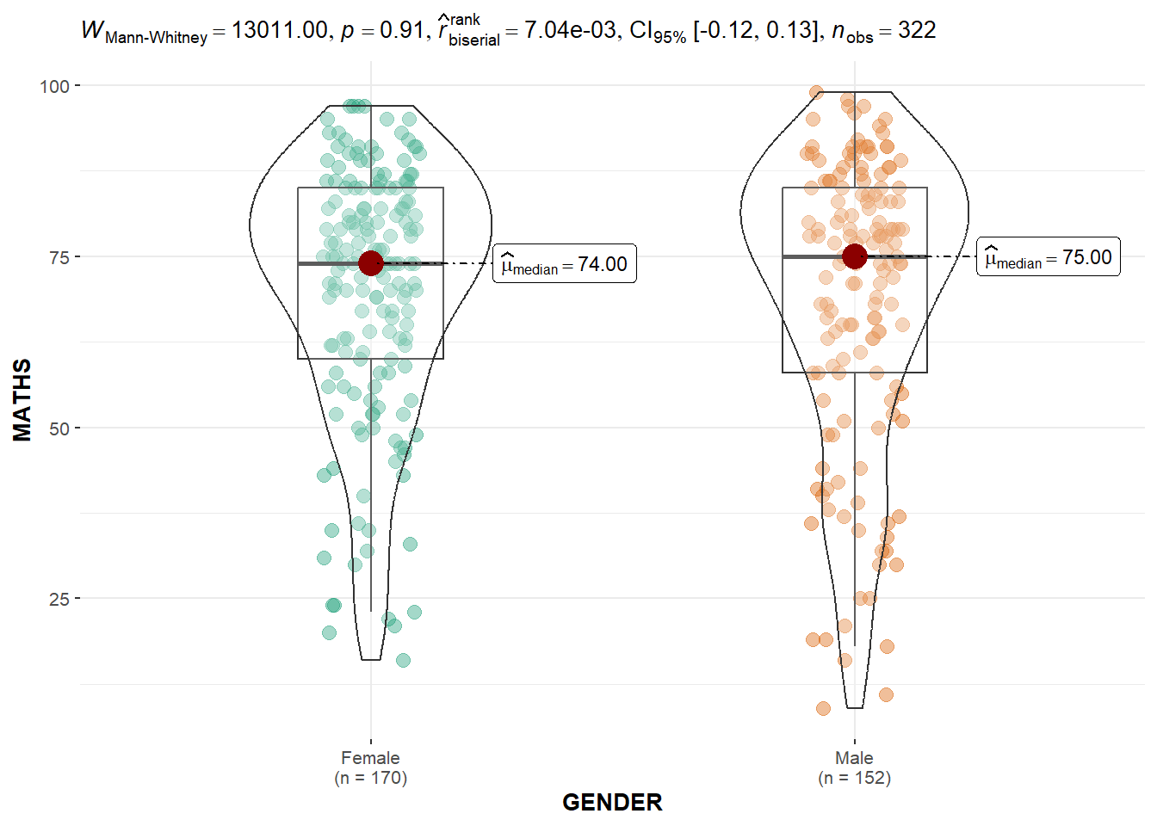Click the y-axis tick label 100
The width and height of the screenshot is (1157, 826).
54,86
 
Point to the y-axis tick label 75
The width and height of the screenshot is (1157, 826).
59,256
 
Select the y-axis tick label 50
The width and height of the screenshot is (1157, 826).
59,428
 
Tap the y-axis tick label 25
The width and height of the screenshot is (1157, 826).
59,598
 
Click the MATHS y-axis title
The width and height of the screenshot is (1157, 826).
22,400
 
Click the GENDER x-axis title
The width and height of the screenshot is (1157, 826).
612,802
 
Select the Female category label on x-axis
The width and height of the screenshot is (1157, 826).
370,758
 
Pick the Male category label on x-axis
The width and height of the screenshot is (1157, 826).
854,758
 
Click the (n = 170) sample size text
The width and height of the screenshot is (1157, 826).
370,778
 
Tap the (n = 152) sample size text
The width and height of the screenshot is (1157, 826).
854,778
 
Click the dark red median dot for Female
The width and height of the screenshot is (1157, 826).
371,263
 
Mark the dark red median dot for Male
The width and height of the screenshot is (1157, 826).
854,256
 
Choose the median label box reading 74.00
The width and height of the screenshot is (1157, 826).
565,264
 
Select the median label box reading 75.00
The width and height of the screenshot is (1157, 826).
1048,257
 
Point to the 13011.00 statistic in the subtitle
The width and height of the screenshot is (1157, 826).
279,31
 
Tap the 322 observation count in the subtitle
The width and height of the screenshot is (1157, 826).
917,31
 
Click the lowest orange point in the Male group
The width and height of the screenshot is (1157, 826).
823,709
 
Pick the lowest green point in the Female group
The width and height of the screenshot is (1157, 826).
403,661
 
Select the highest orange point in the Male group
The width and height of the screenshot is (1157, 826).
816,92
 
